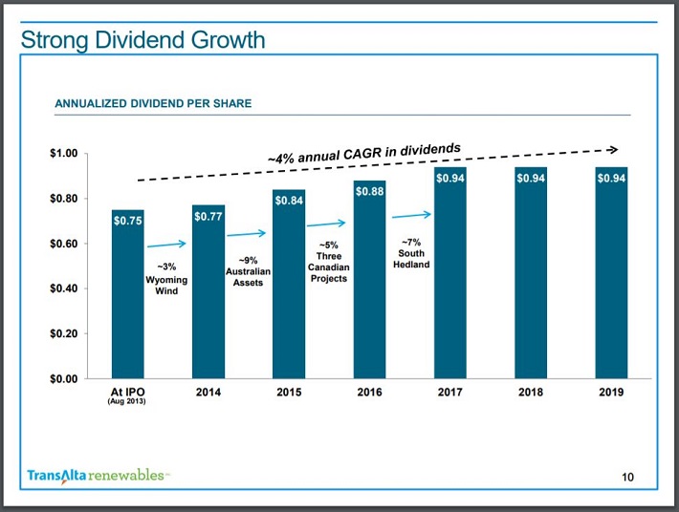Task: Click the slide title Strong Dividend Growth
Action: pyautogui.click(x=142, y=40)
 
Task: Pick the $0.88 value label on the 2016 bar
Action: pyautogui.click(x=370, y=192)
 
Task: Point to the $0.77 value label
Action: pyautogui.click(x=208, y=217)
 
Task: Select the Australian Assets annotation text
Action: pyautogui.click(x=248, y=271)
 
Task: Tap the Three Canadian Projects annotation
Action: pyautogui.click(x=328, y=262)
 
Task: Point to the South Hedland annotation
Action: pyautogui.click(x=411, y=253)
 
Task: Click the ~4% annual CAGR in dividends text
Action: pyautogui.click(x=363, y=152)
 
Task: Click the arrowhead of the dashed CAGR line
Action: pyautogui.click(x=613, y=149)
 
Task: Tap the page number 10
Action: pyautogui.click(x=627, y=478)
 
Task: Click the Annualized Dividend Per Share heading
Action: pyautogui.click(x=153, y=103)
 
